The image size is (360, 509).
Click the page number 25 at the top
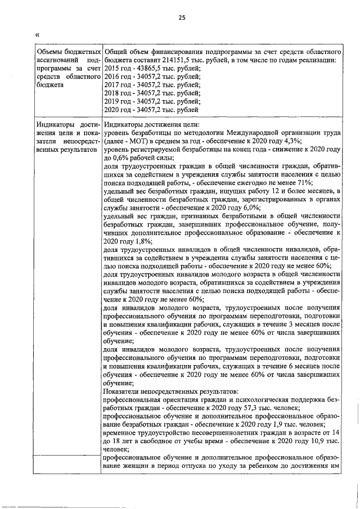coord(182,17)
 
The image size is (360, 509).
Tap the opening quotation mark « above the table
coord(37,35)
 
